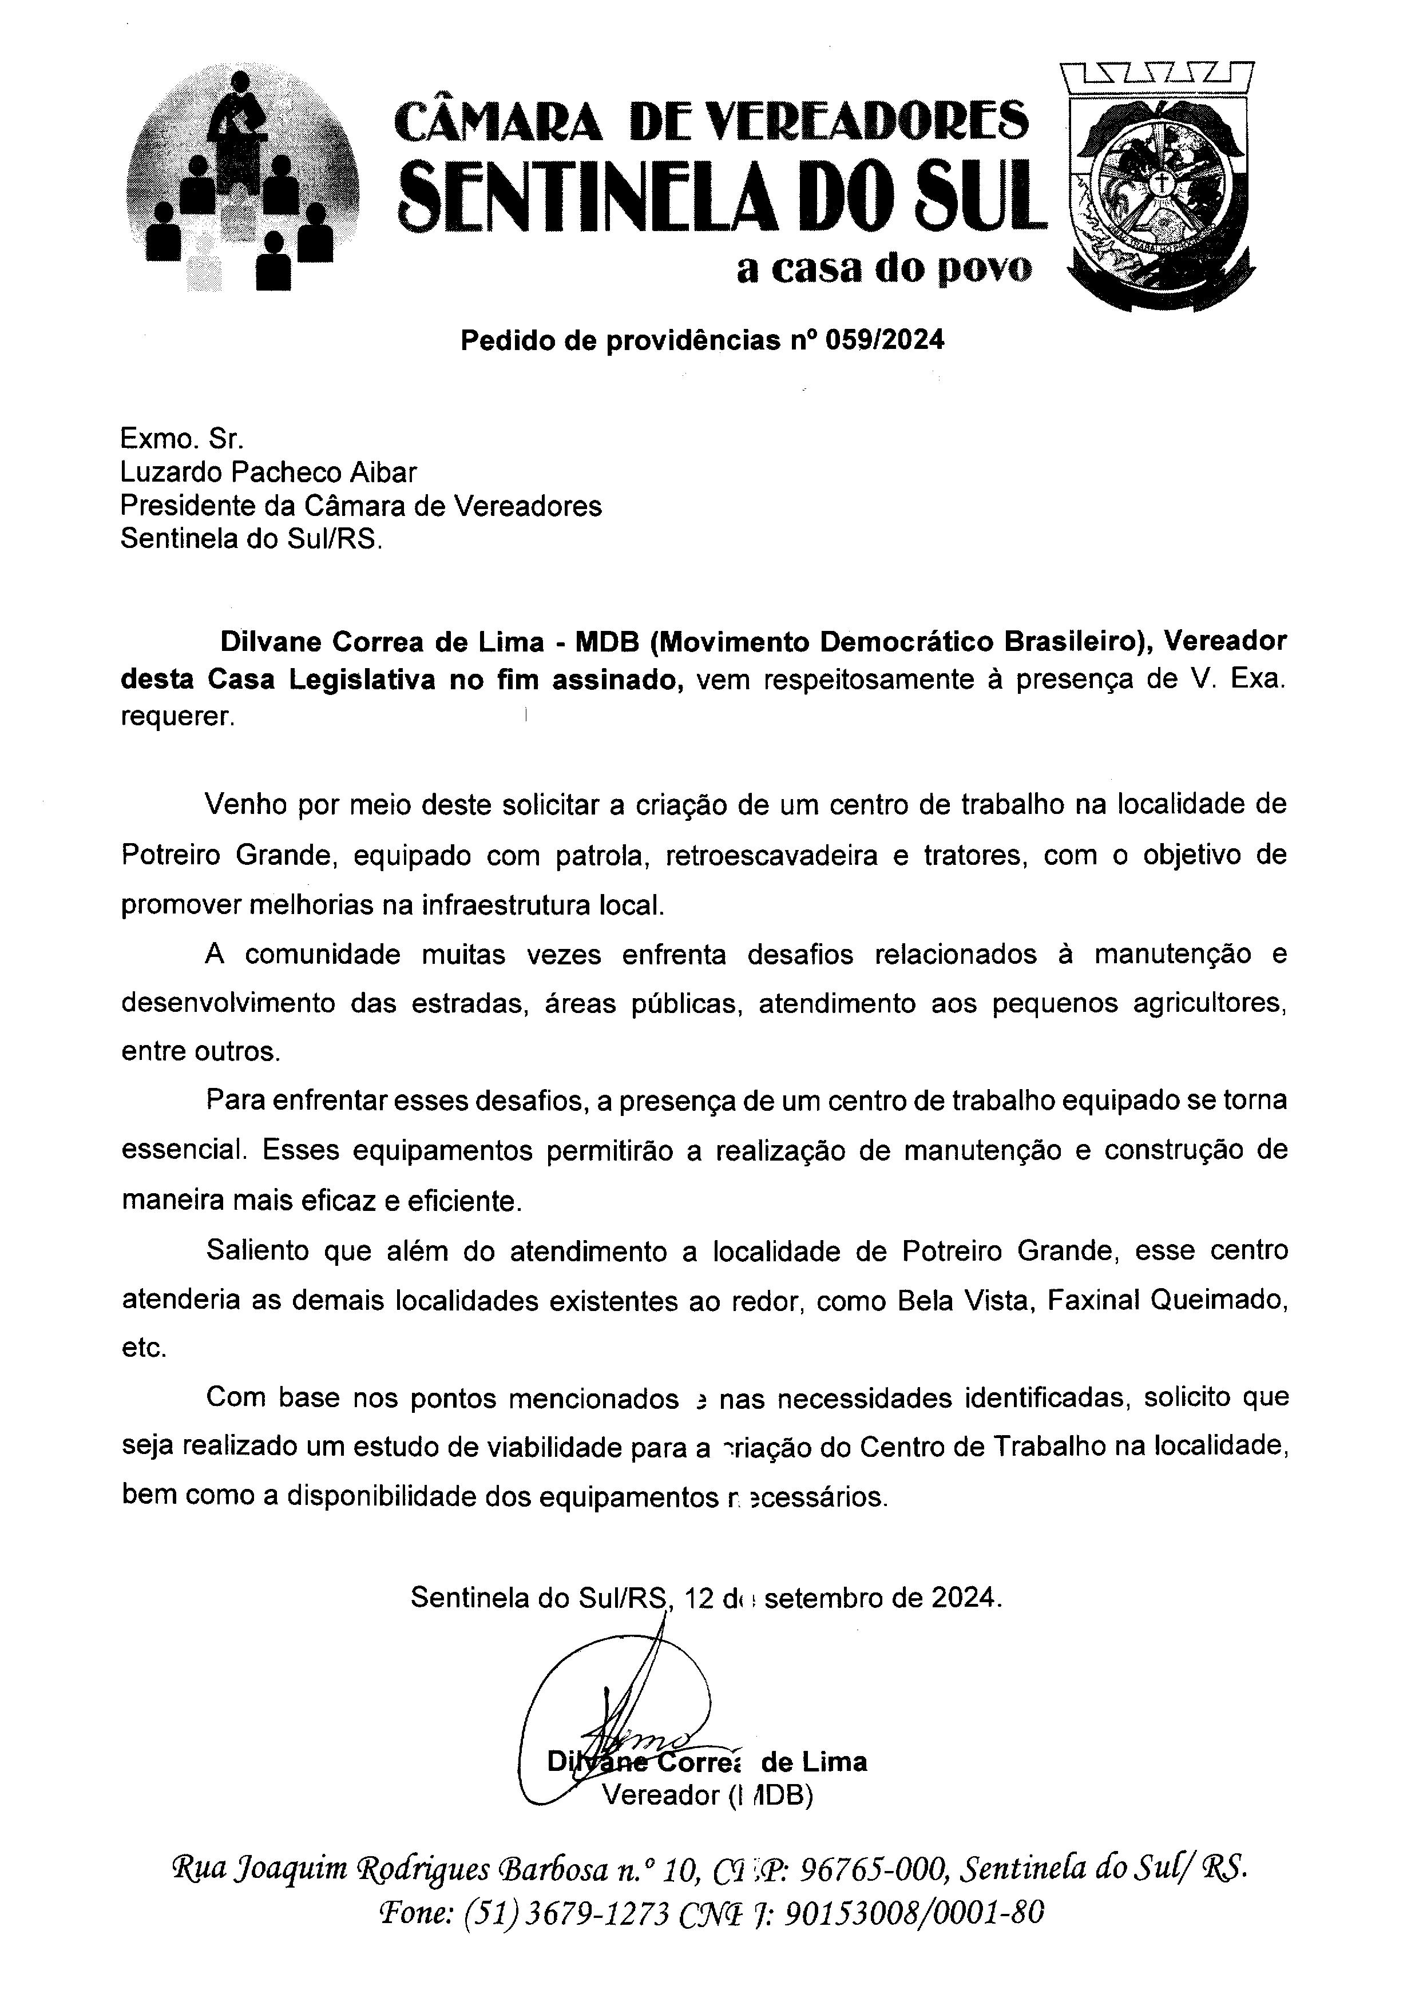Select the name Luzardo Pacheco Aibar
coord(268,472)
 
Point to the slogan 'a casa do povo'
coord(883,268)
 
